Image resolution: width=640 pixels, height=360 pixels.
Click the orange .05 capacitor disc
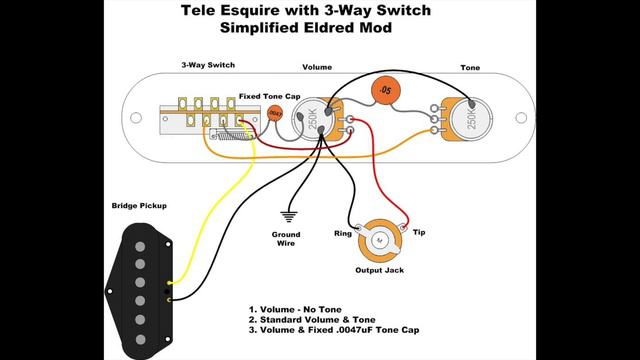(385, 91)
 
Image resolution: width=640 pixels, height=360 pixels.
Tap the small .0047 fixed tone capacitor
(275, 113)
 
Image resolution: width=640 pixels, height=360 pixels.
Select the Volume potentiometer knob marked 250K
(312, 119)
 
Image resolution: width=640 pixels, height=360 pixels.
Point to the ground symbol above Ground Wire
(289, 217)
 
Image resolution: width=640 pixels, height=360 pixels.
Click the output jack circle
(380, 241)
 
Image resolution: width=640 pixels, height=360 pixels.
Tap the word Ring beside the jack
(342, 233)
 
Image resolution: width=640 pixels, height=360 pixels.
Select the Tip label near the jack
(419, 232)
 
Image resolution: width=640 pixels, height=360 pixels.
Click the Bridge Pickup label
(139, 206)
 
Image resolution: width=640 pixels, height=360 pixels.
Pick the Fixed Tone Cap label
(269, 97)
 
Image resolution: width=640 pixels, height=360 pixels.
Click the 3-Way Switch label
(208, 65)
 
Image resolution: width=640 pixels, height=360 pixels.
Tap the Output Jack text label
(380, 270)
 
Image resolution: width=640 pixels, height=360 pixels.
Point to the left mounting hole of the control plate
(136, 118)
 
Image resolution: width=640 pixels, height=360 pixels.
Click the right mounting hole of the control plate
(521, 118)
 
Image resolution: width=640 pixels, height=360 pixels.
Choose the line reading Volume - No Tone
(295, 309)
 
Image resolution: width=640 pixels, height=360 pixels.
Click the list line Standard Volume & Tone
(312, 320)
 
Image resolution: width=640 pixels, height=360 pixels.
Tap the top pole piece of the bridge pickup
(140, 247)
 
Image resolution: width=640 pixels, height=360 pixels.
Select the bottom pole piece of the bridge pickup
(140, 339)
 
